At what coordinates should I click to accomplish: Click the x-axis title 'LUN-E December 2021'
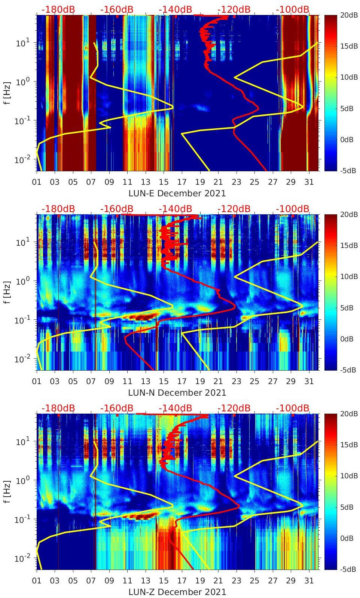(x=177, y=193)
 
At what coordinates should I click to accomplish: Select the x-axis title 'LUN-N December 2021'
(x=177, y=393)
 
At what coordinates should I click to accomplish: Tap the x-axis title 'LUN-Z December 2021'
(x=177, y=592)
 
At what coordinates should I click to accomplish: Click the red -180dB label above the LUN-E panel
(x=58, y=9)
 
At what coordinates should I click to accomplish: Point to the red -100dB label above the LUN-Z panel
(x=293, y=408)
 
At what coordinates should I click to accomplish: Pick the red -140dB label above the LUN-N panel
(x=175, y=209)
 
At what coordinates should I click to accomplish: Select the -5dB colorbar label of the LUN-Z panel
(x=348, y=569)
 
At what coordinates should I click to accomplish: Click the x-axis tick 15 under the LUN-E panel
(x=164, y=182)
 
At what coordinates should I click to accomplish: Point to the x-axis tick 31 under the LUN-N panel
(x=309, y=381)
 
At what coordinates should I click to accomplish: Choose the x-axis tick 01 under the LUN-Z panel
(x=37, y=581)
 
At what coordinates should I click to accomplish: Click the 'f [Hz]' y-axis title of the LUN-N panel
(x=7, y=292)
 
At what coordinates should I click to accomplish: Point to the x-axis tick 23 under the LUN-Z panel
(x=236, y=581)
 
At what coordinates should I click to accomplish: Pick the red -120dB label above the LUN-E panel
(x=234, y=9)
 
